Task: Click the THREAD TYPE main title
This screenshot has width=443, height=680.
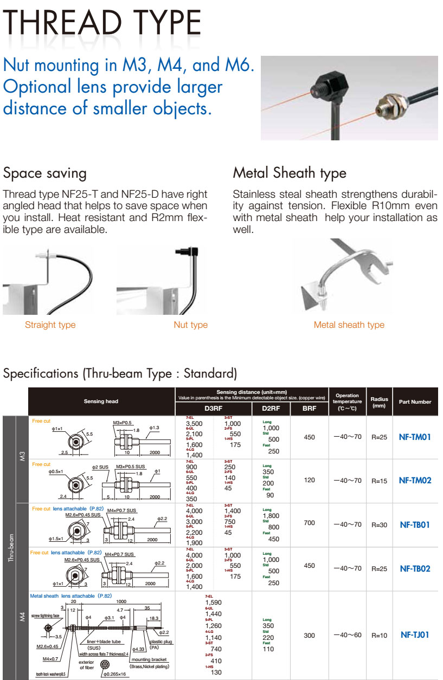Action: [x=102, y=24]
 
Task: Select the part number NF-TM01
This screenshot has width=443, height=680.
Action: [x=414, y=436]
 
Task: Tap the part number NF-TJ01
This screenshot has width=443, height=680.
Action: [x=414, y=634]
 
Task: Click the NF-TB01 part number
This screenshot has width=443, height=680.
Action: [x=414, y=524]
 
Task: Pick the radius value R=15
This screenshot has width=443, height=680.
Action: [x=380, y=481]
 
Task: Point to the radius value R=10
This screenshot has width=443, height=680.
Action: [x=380, y=635]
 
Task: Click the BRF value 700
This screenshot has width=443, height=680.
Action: [x=309, y=524]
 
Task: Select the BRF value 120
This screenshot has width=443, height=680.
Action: [x=309, y=481]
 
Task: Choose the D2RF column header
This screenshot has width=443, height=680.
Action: [x=271, y=409]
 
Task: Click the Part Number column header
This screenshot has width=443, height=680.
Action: [x=415, y=402]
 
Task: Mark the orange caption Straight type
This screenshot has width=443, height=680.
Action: [x=50, y=325]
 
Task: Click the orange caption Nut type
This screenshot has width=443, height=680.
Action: [x=190, y=325]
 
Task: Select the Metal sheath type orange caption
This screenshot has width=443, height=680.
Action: [x=349, y=325]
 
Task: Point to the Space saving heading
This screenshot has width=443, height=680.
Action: [x=44, y=173]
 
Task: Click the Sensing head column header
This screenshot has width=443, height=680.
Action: [x=101, y=401]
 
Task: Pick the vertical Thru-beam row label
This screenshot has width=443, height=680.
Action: [x=10, y=547]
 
